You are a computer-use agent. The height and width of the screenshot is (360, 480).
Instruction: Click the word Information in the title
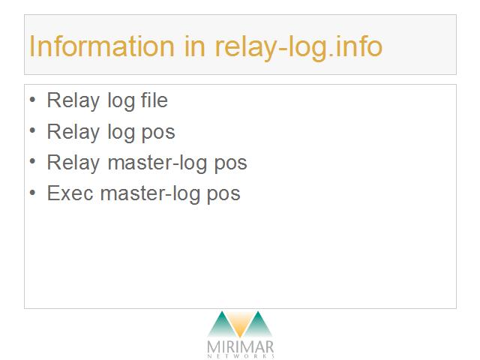(x=102, y=46)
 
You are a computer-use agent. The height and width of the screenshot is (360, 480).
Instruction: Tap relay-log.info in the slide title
(x=298, y=48)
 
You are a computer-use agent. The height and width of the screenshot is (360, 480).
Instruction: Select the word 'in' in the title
(x=195, y=46)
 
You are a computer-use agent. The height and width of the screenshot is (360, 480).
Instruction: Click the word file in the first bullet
(x=154, y=100)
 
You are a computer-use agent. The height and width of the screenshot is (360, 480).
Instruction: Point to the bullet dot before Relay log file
(x=32, y=100)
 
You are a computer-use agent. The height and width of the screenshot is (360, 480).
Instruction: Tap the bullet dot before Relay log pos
(x=32, y=130)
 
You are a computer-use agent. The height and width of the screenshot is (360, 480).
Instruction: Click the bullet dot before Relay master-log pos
(x=32, y=161)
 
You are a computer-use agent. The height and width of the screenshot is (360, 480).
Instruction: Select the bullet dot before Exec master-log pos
(x=32, y=193)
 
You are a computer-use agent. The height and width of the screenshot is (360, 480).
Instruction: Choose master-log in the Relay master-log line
(x=157, y=163)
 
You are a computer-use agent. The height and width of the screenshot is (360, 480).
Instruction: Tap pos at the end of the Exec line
(x=223, y=195)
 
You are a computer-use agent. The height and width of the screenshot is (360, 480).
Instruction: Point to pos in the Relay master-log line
(x=230, y=164)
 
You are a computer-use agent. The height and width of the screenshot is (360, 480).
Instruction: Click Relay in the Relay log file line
(x=73, y=101)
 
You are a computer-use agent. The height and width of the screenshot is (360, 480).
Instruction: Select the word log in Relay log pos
(x=121, y=133)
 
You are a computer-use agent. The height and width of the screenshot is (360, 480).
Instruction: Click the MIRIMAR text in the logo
(x=240, y=347)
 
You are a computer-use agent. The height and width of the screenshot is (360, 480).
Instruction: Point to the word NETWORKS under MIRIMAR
(x=241, y=356)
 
